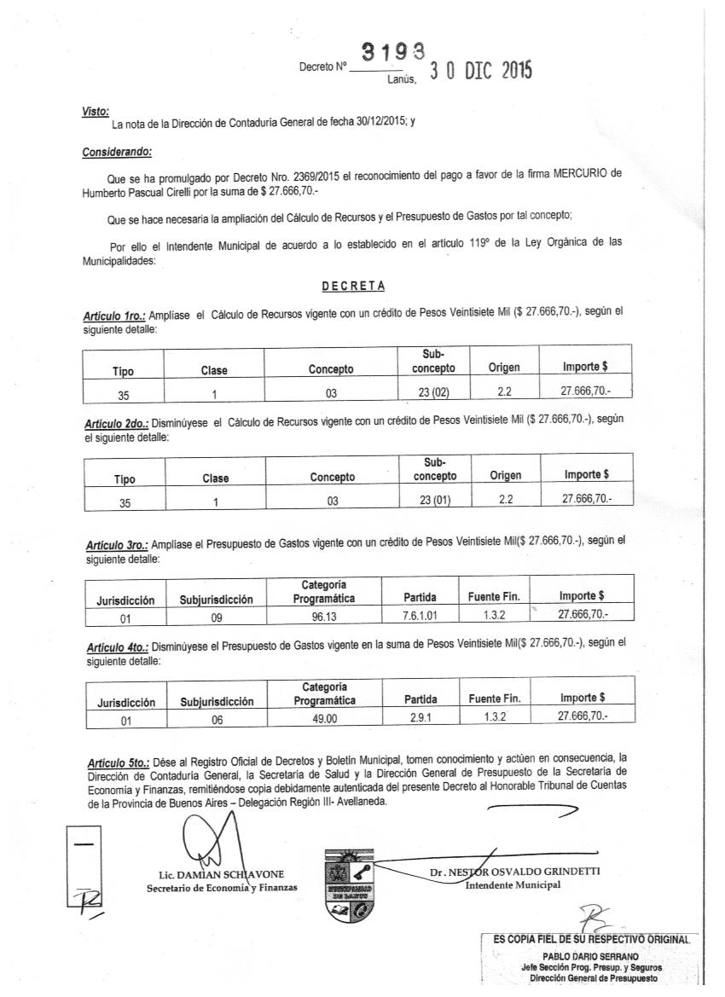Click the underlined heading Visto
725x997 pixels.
[x=96, y=112]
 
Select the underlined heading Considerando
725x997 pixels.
[x=117, y=152]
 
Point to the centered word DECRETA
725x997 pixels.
[x=353, y=285]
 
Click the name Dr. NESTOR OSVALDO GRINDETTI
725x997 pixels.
[x=514, y=872]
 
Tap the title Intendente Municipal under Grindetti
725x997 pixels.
[x=513, y=884]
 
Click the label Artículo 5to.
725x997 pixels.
[x=119, y=761]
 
